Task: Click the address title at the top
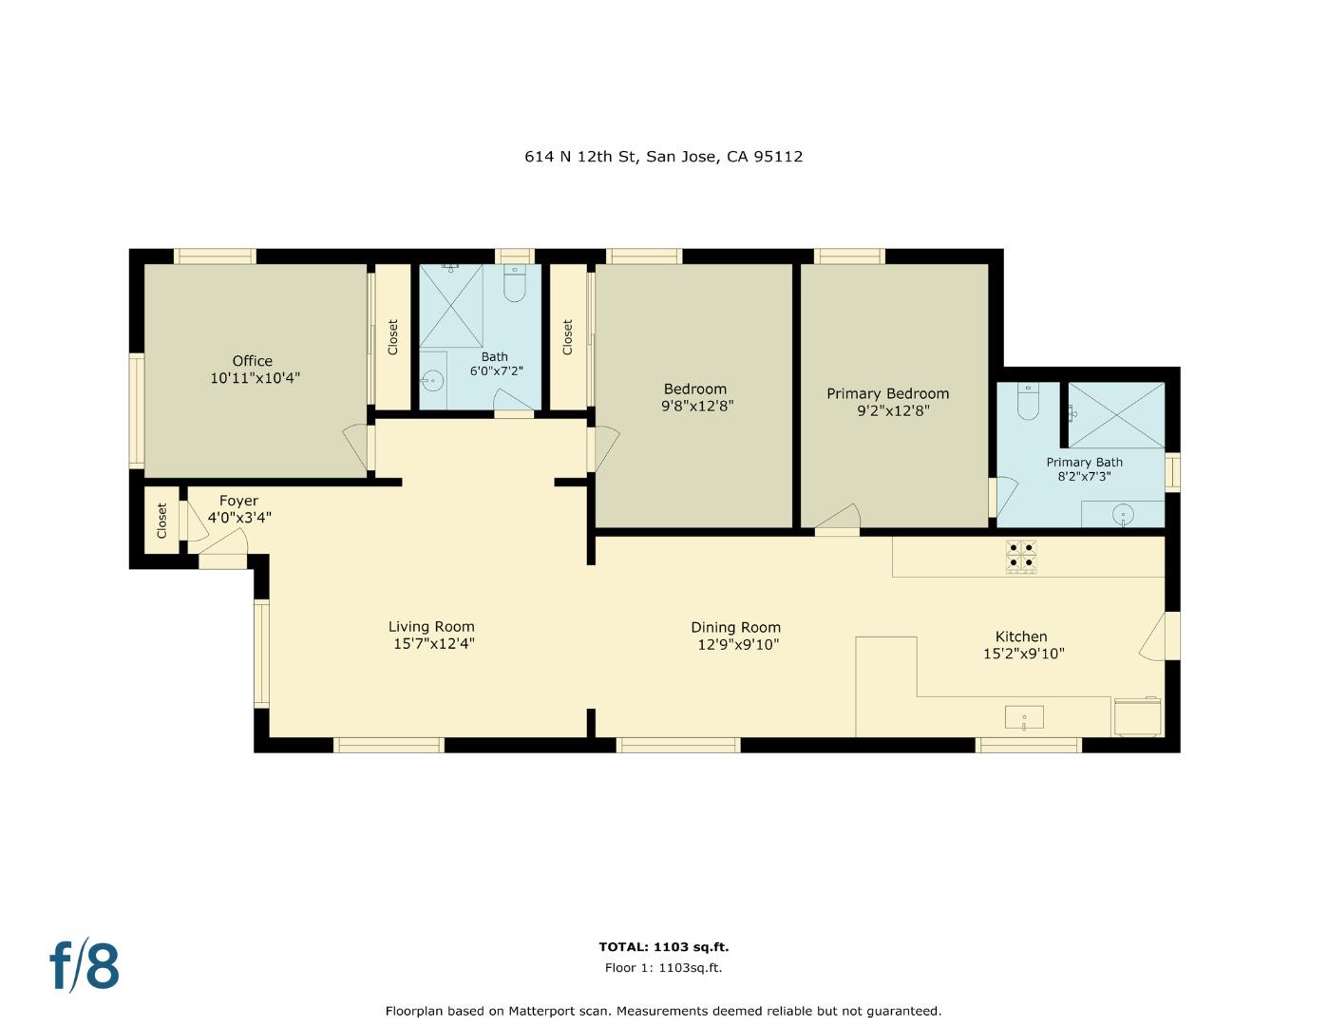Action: click(663, 157)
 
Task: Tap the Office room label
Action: click(253, 361)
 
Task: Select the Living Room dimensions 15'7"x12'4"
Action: click(434, 644)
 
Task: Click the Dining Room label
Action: click(735, 627)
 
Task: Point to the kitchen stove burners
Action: click(1021, 555)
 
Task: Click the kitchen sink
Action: click(1024, 717)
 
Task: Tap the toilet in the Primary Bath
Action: click(1028, 403)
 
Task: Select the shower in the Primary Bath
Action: click(1116, 415)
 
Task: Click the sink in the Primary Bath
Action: click(1123, 515)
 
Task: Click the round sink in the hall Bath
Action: click(432, 381)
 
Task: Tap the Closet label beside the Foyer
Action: click(161, 521)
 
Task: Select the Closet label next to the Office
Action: click(393, 337)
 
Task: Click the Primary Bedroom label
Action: click(887, 393)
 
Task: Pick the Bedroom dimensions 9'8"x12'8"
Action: click(697, 406)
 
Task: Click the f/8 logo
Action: click(85, 965)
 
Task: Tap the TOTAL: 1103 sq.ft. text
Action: click(663, 946)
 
